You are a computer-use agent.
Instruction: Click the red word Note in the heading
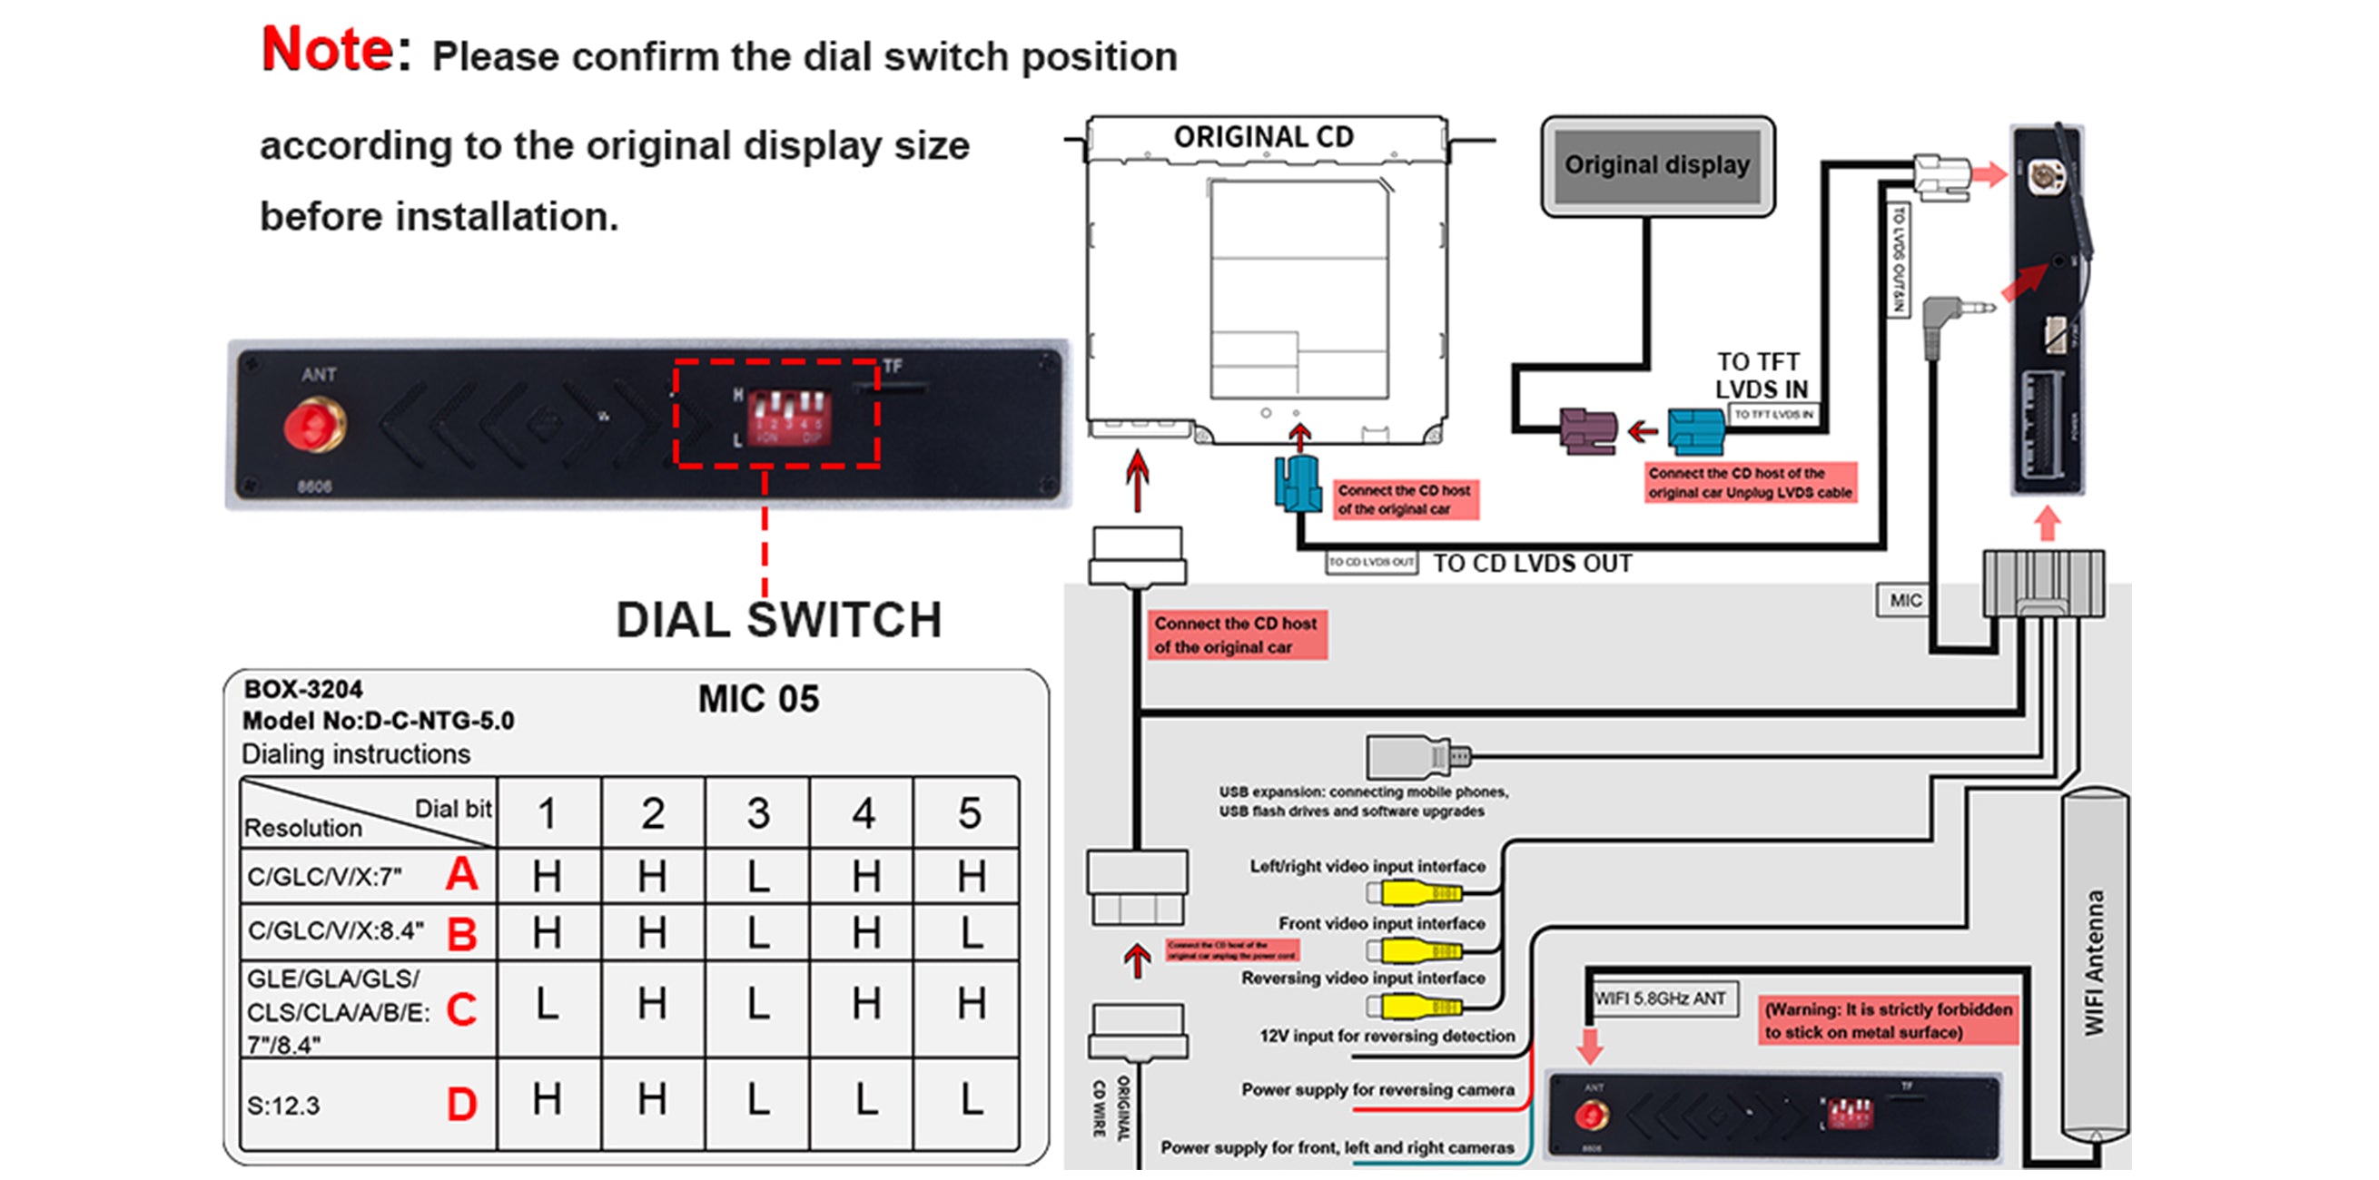[328, 50]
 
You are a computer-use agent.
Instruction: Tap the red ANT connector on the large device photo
[314, 426]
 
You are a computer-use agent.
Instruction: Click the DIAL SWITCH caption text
[778, 620]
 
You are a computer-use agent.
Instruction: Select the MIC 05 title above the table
[758, 699]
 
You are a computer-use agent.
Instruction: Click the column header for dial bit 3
[758, 813]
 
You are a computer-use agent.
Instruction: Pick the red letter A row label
[462, 873]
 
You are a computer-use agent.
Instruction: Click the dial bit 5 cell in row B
[970, 932]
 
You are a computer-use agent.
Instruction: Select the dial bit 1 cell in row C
[548, 1004]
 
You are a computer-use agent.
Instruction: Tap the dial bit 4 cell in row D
[864, 1100]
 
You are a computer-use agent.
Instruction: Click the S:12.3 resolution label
[283, 1106]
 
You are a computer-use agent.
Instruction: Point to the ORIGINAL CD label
[1263, 138]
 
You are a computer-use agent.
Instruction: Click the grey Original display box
[1657, 166]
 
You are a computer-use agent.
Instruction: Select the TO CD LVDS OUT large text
[1532, 564]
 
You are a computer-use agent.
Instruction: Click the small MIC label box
[1905, 600]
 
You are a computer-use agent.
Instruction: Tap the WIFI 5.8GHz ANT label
[1661, 999]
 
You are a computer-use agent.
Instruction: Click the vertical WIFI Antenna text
[2095, 962]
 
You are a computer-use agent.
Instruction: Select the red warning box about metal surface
[1888, 1020]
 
